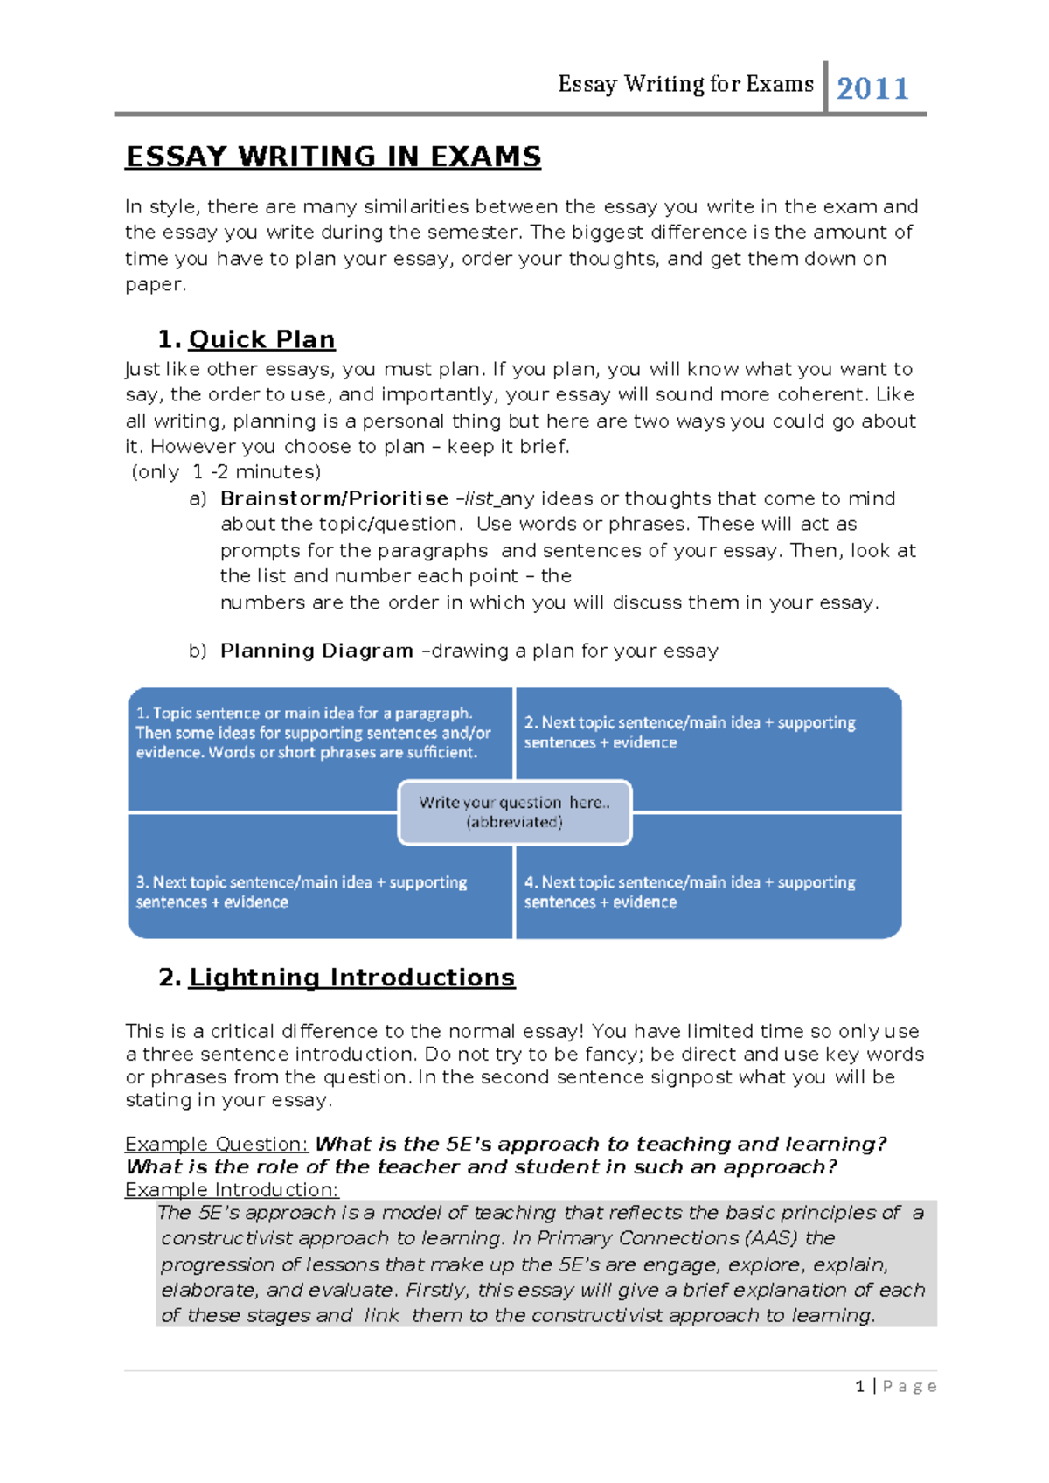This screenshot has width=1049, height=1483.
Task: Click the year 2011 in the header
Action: tap(872, 88)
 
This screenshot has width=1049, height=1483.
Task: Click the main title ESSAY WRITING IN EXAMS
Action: tap(333, 157)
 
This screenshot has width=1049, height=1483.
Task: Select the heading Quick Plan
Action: tap(261, 339)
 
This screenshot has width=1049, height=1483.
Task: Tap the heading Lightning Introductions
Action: tap(351, 977)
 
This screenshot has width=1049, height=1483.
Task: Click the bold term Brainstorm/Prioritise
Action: tap(334, 498)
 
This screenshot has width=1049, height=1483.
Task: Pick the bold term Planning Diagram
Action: tap(316, 651)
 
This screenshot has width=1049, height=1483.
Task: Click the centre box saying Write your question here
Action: tap(514, 811)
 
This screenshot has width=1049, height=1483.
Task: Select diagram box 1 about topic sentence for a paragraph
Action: tap(313, 733)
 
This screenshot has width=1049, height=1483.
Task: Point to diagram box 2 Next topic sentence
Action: tap(689, 732)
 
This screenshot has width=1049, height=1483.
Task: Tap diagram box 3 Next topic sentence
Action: tap(301, 891)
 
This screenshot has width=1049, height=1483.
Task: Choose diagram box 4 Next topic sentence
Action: tap(689, 891)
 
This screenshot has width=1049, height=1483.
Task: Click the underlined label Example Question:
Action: tap(216, 1144)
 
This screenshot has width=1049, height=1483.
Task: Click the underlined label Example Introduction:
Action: tap(231, 1189)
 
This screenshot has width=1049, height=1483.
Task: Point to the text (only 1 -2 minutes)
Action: tap(226, 472)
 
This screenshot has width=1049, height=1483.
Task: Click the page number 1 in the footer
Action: tap(860, 1386)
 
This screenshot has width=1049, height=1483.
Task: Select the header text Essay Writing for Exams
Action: tap(685, 84)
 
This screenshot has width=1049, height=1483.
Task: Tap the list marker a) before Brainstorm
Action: tap(198, 498)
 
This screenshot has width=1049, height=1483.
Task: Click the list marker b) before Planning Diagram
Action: tap(198, 651)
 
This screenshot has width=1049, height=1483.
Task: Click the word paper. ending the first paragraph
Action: tap(155, 284)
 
